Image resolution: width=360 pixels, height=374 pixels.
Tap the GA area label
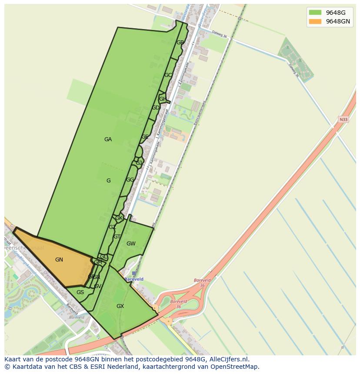108,139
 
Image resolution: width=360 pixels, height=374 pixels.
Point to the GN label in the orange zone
59,260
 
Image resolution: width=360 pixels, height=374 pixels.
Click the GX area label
120,306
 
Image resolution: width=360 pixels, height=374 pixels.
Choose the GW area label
131,244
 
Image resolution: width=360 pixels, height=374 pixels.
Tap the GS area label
80,292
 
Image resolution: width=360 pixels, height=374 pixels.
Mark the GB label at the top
180,43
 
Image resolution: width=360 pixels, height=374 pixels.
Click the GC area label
168,75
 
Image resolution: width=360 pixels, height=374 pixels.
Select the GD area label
155,108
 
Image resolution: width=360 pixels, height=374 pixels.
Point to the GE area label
145,137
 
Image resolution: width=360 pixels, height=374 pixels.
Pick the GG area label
130,180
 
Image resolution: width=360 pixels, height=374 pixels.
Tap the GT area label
117,237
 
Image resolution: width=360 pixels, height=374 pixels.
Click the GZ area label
112,227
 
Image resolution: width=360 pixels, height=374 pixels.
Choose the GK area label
119,218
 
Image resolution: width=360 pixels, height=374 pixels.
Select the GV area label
97,286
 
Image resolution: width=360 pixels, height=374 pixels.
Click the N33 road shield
343,119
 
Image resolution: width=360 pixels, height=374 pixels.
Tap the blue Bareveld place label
134,279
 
